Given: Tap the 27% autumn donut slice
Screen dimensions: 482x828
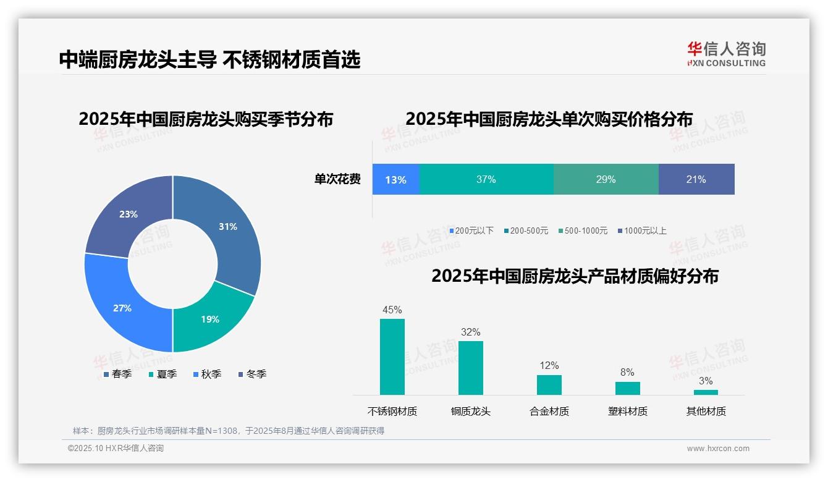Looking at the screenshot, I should (x=122, y=308).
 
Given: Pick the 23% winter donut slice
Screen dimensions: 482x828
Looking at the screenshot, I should (x=129, y=214).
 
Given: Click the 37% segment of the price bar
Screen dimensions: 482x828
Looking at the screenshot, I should (x=486, y=179).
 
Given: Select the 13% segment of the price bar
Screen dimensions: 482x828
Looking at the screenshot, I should (x=395, y=179).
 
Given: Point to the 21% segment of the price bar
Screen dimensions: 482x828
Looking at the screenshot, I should (x=696, y=179).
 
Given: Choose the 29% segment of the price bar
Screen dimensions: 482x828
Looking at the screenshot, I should (x=606, y=179).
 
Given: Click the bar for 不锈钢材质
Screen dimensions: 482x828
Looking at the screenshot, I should (x=392, y=357).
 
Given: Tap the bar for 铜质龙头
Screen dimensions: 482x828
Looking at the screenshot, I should (x=470, y=368).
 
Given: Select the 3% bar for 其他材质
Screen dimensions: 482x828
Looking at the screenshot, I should (x=706, y=392).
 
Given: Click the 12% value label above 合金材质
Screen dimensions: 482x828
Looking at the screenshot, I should (x=549, y=365).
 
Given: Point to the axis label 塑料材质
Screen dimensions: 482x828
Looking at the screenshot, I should (x=627, y=411).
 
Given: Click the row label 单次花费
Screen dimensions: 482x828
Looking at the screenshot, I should (x=337, y=179).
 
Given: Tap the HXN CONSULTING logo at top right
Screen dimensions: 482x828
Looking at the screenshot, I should (x=726, y=54).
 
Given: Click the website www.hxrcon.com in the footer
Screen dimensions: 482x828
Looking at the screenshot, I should (x=718, y=448).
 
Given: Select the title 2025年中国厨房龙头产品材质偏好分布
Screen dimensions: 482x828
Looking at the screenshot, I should (x=575, y=276).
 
